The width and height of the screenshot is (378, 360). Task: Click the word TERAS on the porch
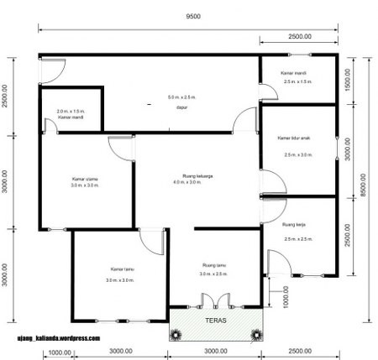[x=215, y=320]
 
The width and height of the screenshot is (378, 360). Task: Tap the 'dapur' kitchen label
[x=181, y=107]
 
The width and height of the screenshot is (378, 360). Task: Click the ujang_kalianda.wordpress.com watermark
[x=60, y=339]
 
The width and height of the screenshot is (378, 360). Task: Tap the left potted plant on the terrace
[x=177, y=333]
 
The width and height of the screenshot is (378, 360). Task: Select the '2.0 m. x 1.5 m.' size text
[x=71, y=111]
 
